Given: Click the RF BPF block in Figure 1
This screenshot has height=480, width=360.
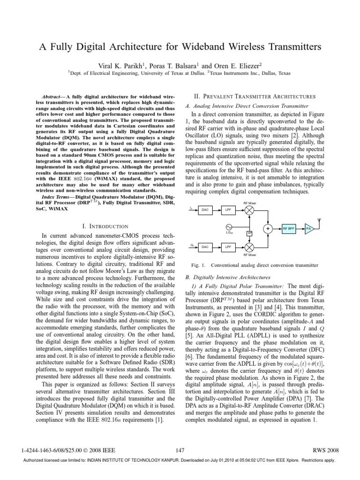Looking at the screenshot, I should [x=289, y=228].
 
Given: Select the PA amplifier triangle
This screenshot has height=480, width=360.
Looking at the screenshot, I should [x=308, y=228].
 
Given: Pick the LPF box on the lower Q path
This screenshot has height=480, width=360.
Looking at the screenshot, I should [x=228, y=246].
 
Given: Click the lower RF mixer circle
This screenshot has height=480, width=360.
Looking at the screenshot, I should [x=249, y=246].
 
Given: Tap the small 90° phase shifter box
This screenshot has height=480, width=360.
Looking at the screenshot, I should [x=249, y=232].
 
